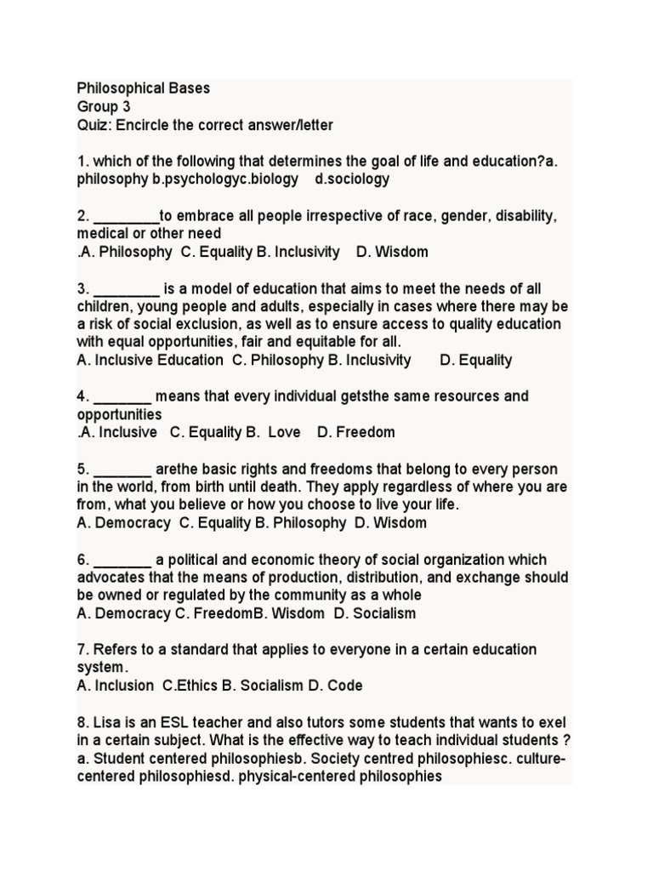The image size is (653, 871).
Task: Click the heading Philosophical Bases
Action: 143,88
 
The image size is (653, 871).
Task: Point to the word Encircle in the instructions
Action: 145,125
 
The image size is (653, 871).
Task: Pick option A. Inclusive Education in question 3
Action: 150,360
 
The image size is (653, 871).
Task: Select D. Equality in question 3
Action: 476,360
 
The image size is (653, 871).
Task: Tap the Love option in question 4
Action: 284,432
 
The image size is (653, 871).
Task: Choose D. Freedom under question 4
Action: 356,432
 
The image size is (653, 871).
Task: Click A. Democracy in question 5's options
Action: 123,523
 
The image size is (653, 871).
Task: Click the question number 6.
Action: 82,560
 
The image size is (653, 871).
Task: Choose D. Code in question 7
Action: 335,686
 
